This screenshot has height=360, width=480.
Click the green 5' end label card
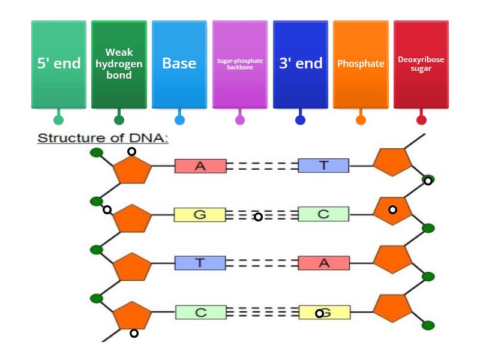click(x=59, y=64)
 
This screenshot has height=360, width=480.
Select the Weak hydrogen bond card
click(x=119, y=64)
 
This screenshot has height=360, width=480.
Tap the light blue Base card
click(x=179, y=64)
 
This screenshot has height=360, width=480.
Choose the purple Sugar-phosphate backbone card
click(x=240, y=64)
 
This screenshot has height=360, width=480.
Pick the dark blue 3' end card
click(x=301, y=64)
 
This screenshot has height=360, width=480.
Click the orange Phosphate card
click(x=361, y=64)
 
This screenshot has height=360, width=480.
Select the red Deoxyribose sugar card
click(x=421, y=64)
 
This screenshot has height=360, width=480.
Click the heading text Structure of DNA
click(x=103, y=138)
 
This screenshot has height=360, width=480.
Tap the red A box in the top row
click(x=200, y=166)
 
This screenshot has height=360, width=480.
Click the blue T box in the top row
click(x=323, y=166)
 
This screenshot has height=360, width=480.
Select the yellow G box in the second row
click(x=200, y=214)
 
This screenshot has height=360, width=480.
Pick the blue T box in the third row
click(x=200, y=263)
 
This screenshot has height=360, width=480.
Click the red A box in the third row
click(x=324, y=263)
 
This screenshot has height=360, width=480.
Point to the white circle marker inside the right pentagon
click(x=392, y=209)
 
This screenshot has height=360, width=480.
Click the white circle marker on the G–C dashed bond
click(x=258, y=217)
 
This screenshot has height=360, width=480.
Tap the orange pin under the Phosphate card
click(x=361, y=120)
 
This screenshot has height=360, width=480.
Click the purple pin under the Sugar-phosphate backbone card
click(x=240, y=120)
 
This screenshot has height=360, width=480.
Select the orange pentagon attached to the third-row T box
click(x=132, y=267)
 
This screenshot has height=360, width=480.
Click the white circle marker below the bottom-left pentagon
click(x=134, y=334)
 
